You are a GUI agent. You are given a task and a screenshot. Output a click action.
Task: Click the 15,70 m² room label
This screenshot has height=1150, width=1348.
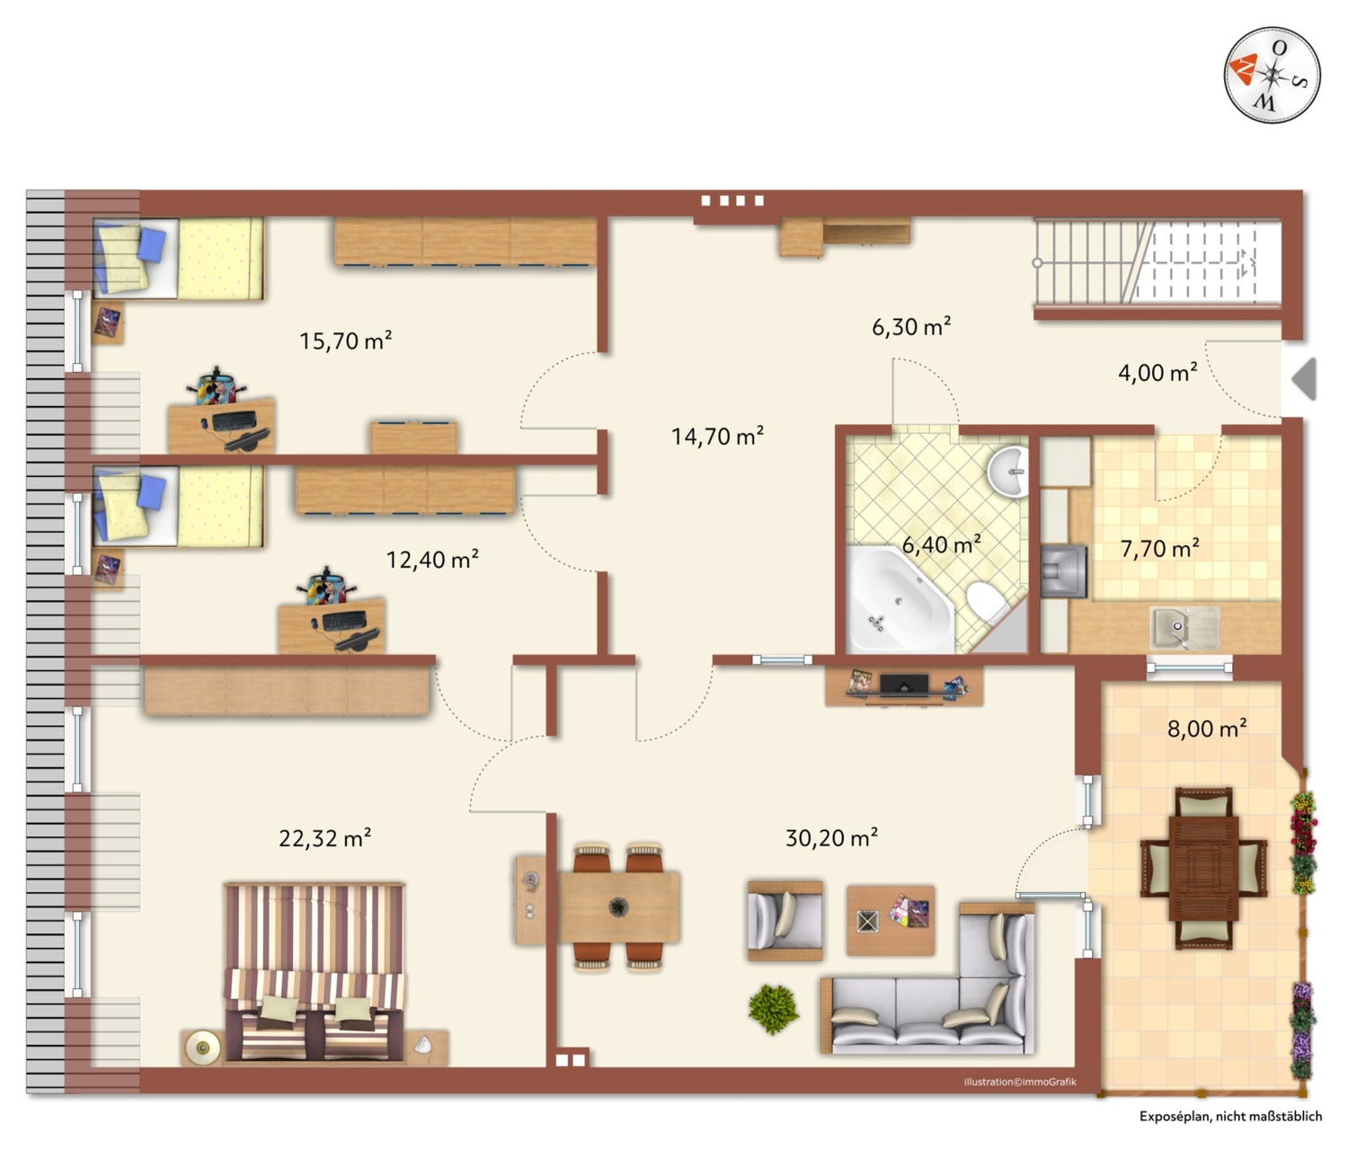click(x=346, y=341)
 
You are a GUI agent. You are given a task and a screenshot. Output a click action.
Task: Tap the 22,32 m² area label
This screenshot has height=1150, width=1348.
click(x=324, y=837)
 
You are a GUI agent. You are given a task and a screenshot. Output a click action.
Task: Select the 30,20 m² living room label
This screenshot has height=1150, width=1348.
click(x=831, y=837)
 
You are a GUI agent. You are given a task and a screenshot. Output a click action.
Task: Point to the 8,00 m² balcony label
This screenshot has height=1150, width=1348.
click(x=1207, y=729)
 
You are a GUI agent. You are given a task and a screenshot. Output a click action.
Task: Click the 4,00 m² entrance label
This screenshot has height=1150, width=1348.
click(x=1157, y=372)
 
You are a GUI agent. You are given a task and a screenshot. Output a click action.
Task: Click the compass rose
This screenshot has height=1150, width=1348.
click(x=1272, y=75)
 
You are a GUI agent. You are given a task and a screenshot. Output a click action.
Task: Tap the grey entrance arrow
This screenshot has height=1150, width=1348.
click(x=1304, y=378)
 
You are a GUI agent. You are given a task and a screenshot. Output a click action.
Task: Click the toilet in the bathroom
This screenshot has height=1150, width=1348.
click(x=987, y=602)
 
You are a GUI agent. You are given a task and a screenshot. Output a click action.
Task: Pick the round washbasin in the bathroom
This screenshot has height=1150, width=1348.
click(x=1007, y=472)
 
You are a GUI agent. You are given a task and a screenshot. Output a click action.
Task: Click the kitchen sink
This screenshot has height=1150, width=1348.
click(x=1185, y=628)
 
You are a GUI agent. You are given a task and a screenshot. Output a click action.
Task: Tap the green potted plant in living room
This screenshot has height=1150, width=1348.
click(x=773, y=1009)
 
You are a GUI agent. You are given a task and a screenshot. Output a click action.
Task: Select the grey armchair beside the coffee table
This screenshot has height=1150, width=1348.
click(x=785, y=921)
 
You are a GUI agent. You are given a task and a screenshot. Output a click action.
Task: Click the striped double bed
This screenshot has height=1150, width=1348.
click(x=315, y=972)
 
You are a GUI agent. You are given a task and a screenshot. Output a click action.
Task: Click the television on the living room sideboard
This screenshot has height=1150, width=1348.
click(x=904, y=684)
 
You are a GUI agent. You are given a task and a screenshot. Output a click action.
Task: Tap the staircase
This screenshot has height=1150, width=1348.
click(x=1157, y=262)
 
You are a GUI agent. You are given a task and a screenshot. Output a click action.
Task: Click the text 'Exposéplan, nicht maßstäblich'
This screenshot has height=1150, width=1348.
click(x=1230, y=1116)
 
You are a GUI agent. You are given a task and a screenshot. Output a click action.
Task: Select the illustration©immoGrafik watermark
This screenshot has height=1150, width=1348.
click(x=1020, y=1082)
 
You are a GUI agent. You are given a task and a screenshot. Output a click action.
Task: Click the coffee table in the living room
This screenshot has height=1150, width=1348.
click(x=891, y=920)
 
